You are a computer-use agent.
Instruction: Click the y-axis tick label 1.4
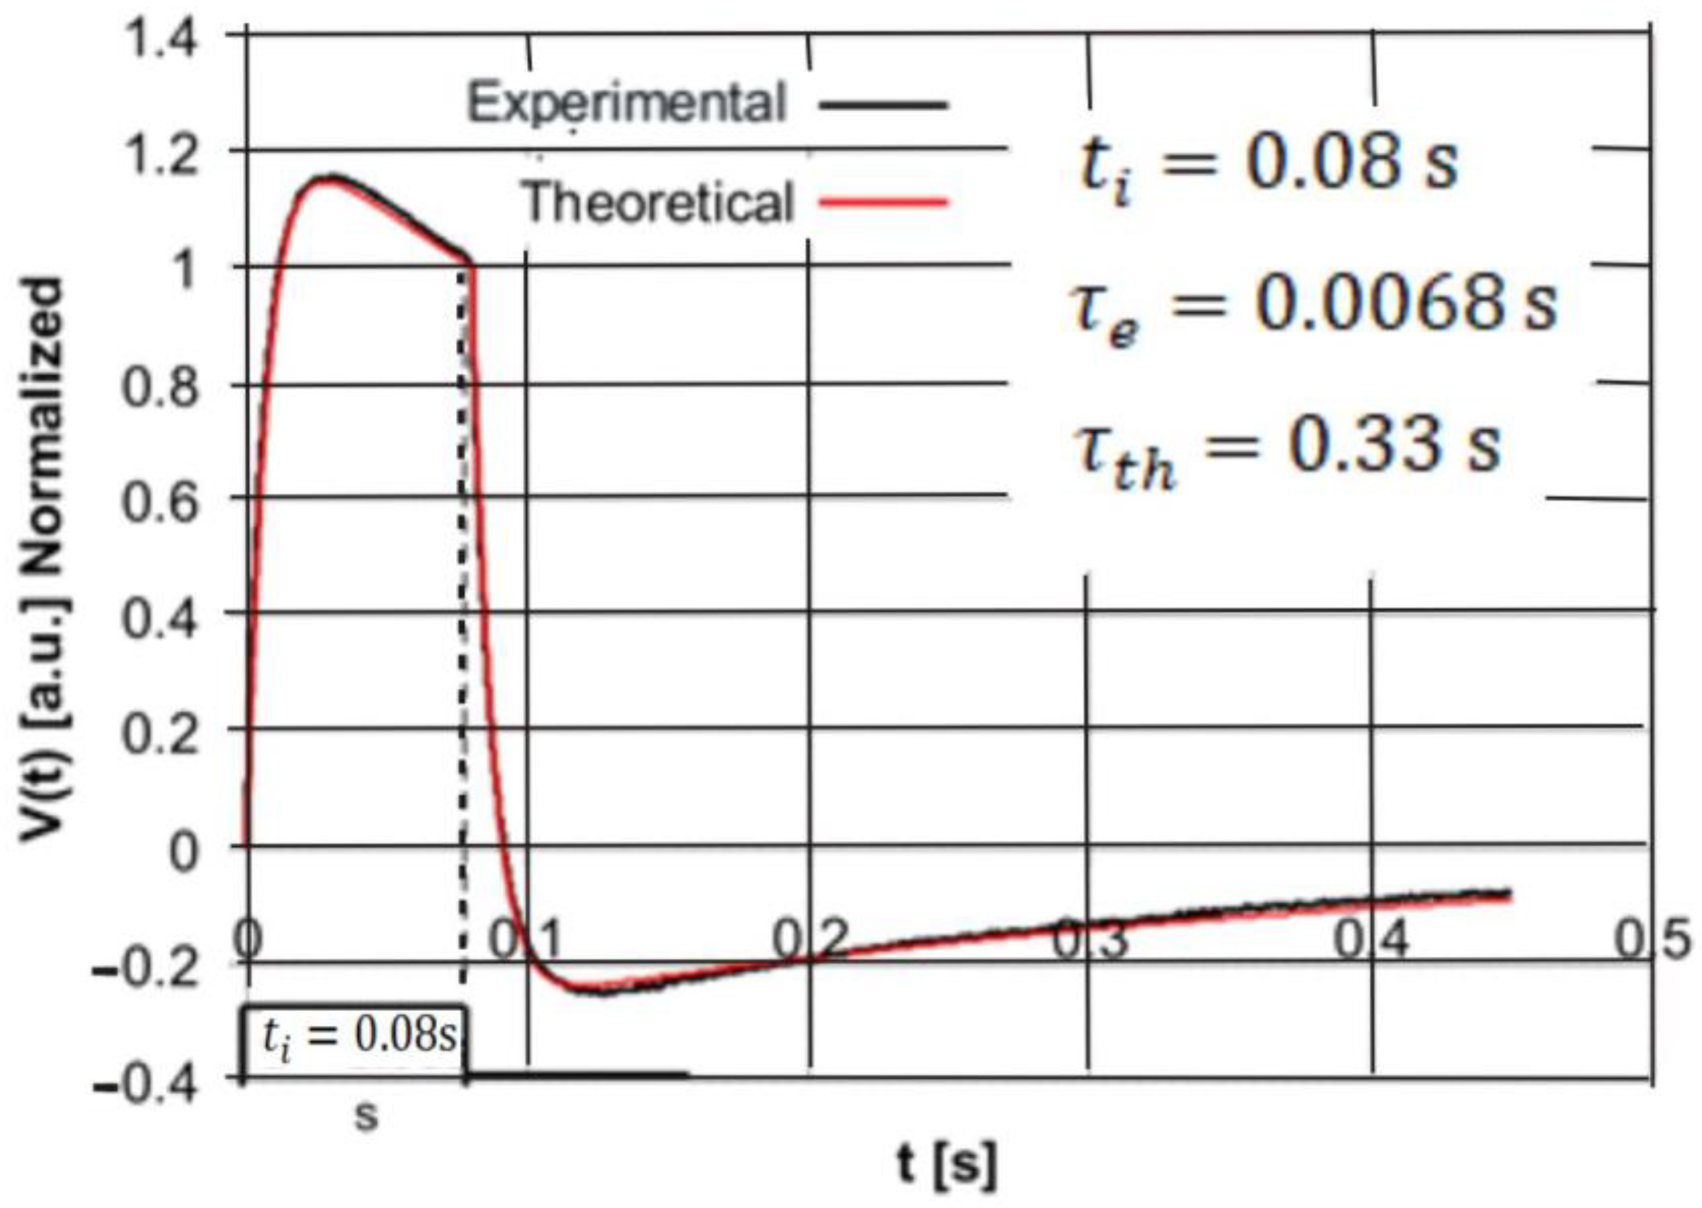(x=159, y=41)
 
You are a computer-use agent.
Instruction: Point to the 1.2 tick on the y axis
(x=159, y=158)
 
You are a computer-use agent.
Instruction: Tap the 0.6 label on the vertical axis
(x=159, y=503)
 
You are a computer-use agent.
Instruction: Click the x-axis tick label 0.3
(x=1090, y=940)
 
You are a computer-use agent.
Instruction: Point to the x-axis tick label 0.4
(x=1371, y=940)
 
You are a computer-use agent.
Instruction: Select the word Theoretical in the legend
(x=658, y=202)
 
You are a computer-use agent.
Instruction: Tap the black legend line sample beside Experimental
(x=883, y=105)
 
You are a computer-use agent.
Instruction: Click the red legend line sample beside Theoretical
(x=883, y=202)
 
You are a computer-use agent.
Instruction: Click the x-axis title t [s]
(x=944, y=1165)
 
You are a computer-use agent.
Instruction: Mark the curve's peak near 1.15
(x=331, y=179)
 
